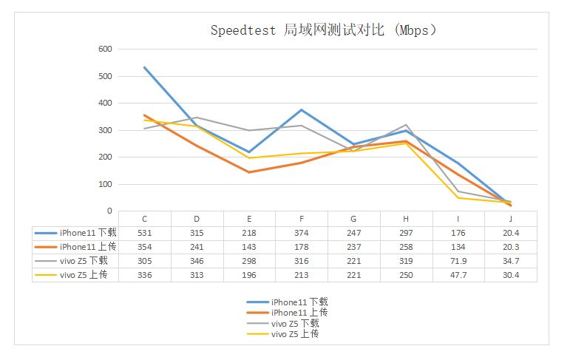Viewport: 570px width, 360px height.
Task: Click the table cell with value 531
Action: [x=144, y=233]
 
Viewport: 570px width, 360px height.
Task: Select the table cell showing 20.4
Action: [x=510, y=233]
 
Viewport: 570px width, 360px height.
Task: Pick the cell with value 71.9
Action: [x=458, y=261]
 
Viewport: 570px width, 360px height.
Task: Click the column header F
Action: [x=301, y=219]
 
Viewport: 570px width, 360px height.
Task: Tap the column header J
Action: [x=510, y=219]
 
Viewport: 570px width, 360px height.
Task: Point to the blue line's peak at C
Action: [x=144, y=67]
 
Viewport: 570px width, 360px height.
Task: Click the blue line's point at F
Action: [x=301, y=109]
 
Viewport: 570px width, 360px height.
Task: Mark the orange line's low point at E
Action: [x=249, y=172]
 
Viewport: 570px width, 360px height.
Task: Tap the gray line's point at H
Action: [x=406, y=125]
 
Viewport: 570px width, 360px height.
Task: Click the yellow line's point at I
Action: [x=458, y=198]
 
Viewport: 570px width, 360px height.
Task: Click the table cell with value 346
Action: [x=197, y=261]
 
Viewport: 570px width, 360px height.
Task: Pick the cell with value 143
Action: [x=249, y=247]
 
